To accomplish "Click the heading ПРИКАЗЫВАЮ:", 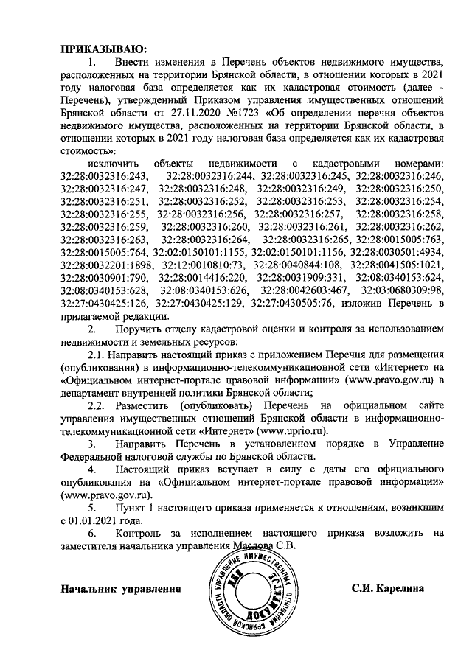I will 100,49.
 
